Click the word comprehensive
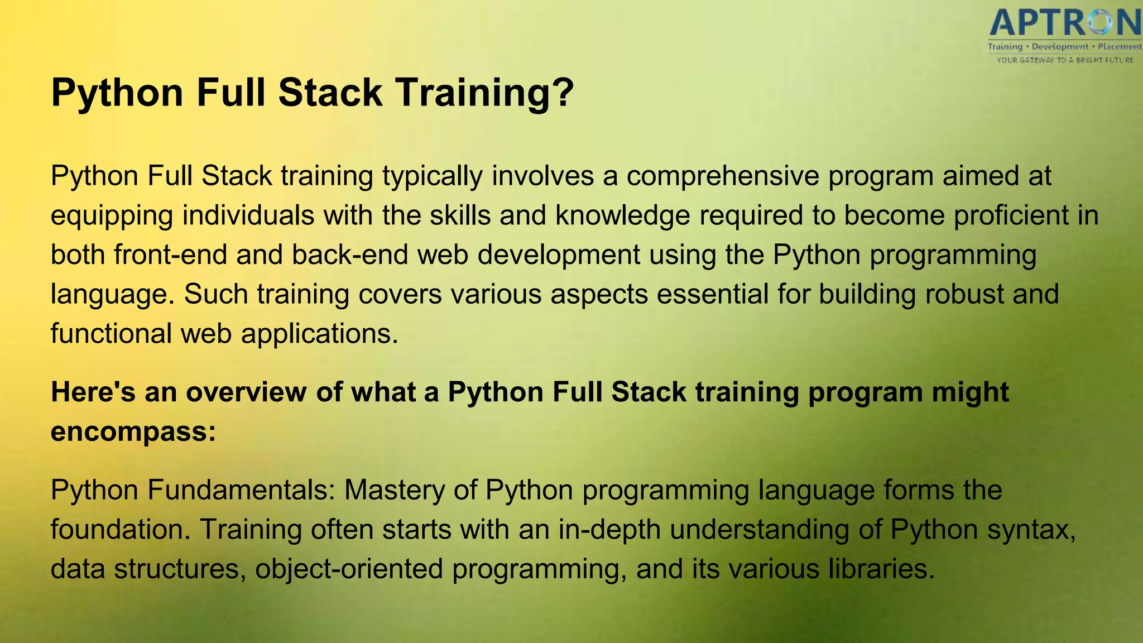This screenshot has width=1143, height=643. [x=722, y=176]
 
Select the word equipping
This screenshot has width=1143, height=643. [x=112, y=216]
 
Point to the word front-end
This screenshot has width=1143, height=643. [x=170, y=255]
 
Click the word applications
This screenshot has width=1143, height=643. [x=319, y=334]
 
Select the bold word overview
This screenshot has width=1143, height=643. [x=246, y=392]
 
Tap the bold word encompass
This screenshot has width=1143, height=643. [x=133, y=431]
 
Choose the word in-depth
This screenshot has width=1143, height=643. [x=609, y=529]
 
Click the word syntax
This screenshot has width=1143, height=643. [x=1031, y=529]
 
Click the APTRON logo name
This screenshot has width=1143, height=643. [x=1064, y=23]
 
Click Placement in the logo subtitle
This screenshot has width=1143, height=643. [x=1119, y=47]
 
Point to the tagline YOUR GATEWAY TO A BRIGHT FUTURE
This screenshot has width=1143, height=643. [x=1064, y=60]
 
